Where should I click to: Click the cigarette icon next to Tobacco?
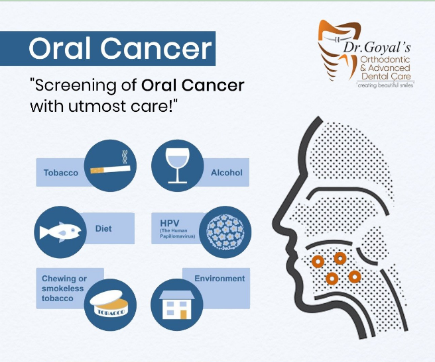[x=111, y=169]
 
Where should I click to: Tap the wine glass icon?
[x=178, y=165]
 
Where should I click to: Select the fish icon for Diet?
[x=60, y=232]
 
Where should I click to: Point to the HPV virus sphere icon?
[x=225, y=232]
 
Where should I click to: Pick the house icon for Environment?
[x=176, y=304]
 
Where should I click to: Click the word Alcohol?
[x=227, y=173]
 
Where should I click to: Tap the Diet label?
[x=103, y=228]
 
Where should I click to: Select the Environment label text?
[x=219, y=279]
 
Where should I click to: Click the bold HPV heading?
[x=170, y=223]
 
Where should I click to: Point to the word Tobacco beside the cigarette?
[x=61, y=173]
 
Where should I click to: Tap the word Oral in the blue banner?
[x=60, y=48]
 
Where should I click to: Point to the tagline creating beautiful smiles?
[x=386, y=85]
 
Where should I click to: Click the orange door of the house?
[x=184, y=314]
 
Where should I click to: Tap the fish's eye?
[x=73, y=230]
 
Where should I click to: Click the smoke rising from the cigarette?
[x=125, y=158]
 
